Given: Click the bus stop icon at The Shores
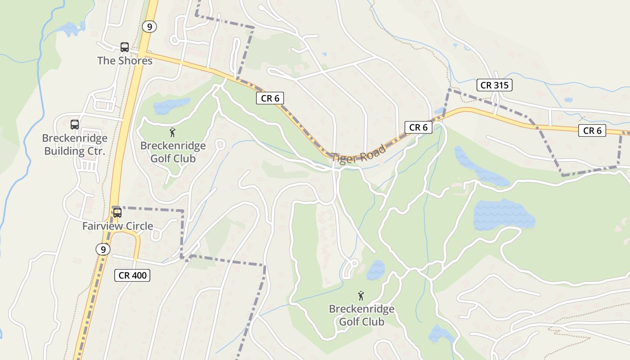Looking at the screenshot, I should click(125, 47).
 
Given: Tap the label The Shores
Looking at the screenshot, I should click(125, 60).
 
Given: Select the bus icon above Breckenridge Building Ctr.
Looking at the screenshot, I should click(75, 125).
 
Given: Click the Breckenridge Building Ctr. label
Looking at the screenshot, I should click(74, 144).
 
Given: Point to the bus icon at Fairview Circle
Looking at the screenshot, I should click(117, 212).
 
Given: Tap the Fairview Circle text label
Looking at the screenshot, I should click(117, 226).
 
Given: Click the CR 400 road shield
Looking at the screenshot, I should click(132, 275).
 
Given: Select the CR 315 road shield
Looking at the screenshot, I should click(494, 85).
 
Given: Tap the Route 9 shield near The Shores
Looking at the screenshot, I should click(149, 27).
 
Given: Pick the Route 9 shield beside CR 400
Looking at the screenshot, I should click(103, 249).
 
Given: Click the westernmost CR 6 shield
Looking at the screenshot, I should click(270, 98).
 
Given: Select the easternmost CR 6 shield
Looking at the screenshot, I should click(592, 130).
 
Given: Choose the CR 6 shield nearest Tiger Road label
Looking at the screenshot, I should click(418, 127).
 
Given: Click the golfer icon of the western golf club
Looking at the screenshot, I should click(172, 132).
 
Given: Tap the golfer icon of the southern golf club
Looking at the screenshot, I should click(360, 296).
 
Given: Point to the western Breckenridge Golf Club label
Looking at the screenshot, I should click(173, 152).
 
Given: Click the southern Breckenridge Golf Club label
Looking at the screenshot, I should click(361, 315).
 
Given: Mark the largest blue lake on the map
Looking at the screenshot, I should click(503, 215).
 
